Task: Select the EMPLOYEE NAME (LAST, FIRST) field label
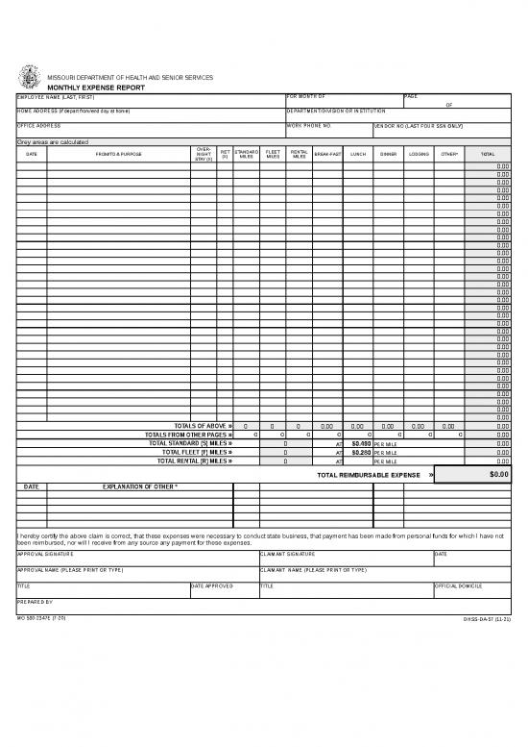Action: coord(58,97)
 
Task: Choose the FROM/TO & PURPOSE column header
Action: coord(119,154)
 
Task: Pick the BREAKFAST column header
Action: coord(327,154)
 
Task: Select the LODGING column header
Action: coord(419,154)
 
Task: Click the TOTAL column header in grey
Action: coord(488,154)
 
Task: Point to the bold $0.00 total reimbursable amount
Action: coord(498,474)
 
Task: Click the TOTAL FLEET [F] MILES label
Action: coord(197,452)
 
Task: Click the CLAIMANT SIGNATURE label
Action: coord(288,554)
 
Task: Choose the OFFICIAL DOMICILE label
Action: coord(458,585)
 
